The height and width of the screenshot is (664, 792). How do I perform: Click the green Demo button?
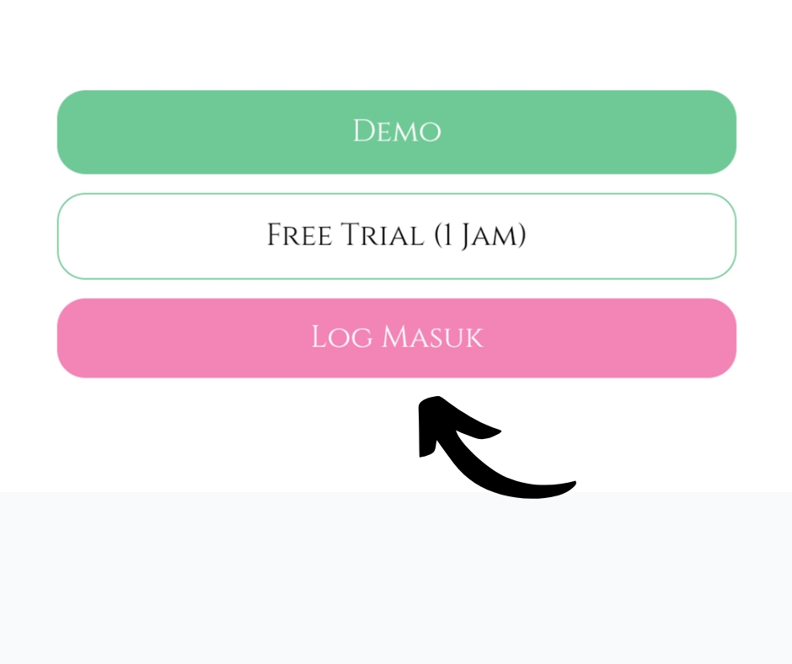tap(397, 132)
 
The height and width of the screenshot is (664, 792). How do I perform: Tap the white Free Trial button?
tap(397, 236)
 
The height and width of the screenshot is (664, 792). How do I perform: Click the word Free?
tap(299, 235)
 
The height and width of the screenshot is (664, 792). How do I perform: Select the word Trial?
tap(383, 235)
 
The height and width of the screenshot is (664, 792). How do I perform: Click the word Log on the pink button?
tap(342, 336)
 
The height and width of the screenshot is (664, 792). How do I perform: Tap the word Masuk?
tap(432, 336)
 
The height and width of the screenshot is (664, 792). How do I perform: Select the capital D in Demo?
tap(364, 131)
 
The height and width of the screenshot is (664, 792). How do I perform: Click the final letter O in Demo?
tap(431, 133)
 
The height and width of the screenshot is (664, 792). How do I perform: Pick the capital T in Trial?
tap(351, 235)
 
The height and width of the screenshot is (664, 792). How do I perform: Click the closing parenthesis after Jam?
tap(522, 236)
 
